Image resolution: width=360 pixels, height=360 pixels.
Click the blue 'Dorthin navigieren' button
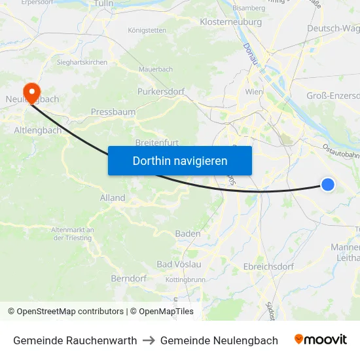(x=180, y=160)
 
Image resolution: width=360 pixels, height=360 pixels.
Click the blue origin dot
(x=328, y=185)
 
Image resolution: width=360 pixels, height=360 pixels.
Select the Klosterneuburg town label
(x=230, y=22)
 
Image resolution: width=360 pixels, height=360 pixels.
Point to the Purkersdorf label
(x=161, y=92)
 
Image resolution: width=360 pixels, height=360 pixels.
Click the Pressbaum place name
(x=113, y=112)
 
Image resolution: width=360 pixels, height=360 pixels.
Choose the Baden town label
(x=188, y=234)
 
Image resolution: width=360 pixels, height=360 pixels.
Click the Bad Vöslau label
(x=179, y=264)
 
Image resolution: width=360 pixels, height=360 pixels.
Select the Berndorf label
(x=128, y=278)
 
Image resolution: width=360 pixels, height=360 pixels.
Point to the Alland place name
(x=113, y=198)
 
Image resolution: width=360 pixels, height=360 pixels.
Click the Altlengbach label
(x=38, y=130)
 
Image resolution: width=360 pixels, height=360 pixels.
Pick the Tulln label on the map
(x=104, y=4)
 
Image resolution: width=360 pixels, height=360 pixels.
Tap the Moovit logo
(x=321, y=340)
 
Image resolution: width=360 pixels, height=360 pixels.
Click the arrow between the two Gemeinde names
(x=149, y=340)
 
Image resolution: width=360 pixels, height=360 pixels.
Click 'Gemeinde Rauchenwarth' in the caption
(x=75, y=340)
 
